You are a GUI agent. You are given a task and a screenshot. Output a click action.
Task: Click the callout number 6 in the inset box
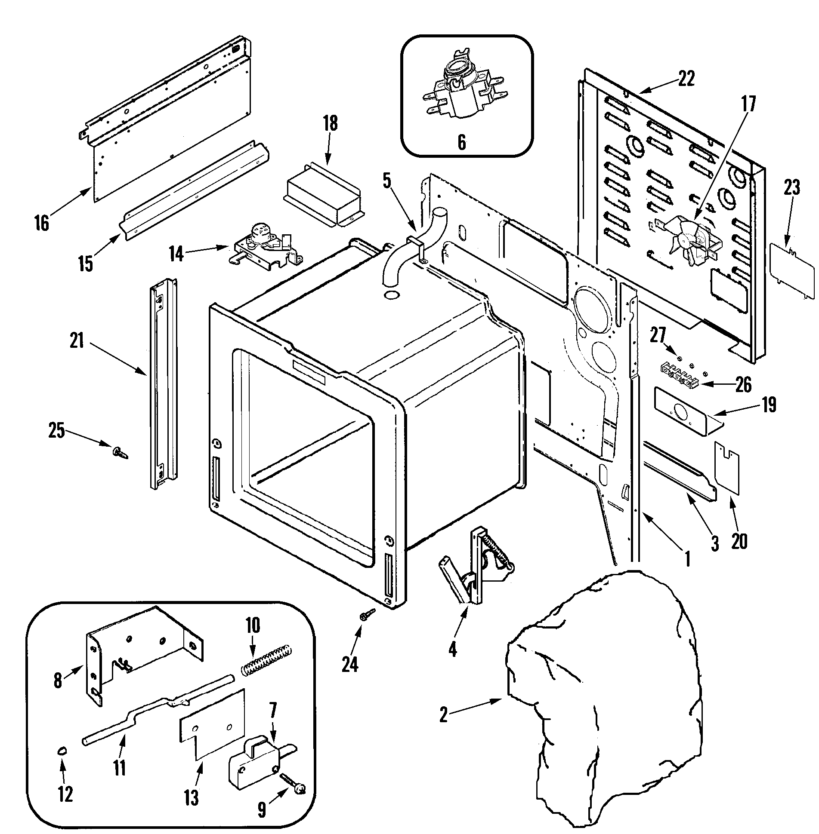pyautogui.click(x=461, y=142)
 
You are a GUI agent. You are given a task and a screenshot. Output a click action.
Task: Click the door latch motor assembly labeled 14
pyautogui.click(x=265, y=247)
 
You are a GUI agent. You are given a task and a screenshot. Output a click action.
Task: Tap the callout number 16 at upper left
pyautogui.click(x=42, y=224)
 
